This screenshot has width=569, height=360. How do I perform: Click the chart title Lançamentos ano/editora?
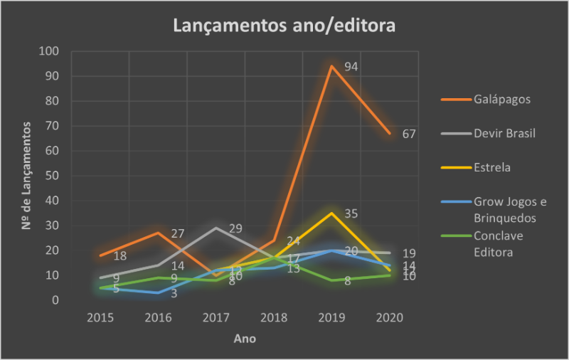(x=284, y=26)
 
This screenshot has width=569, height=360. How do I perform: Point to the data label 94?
(x=351, y=67)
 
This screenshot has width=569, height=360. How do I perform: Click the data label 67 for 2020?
(x=408, y=134)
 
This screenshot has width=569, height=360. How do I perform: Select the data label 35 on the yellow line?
(x=351, y=213)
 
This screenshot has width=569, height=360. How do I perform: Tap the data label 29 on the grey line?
(x=235, y=228)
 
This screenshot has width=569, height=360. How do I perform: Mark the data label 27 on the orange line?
(x=178, y=233)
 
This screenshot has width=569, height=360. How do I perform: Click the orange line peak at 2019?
(x=331, y=66)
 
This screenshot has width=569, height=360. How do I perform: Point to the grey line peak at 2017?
(x=216, y=228)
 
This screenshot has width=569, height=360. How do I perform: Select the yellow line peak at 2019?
(x=331, y=213)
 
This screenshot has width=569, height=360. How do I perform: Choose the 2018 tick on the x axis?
(x=274, y=317)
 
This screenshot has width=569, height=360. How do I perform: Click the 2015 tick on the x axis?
(x=100, y=317)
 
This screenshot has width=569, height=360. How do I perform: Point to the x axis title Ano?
(x=245, y=339)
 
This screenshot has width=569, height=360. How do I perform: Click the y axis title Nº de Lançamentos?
(x=27, y=175)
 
